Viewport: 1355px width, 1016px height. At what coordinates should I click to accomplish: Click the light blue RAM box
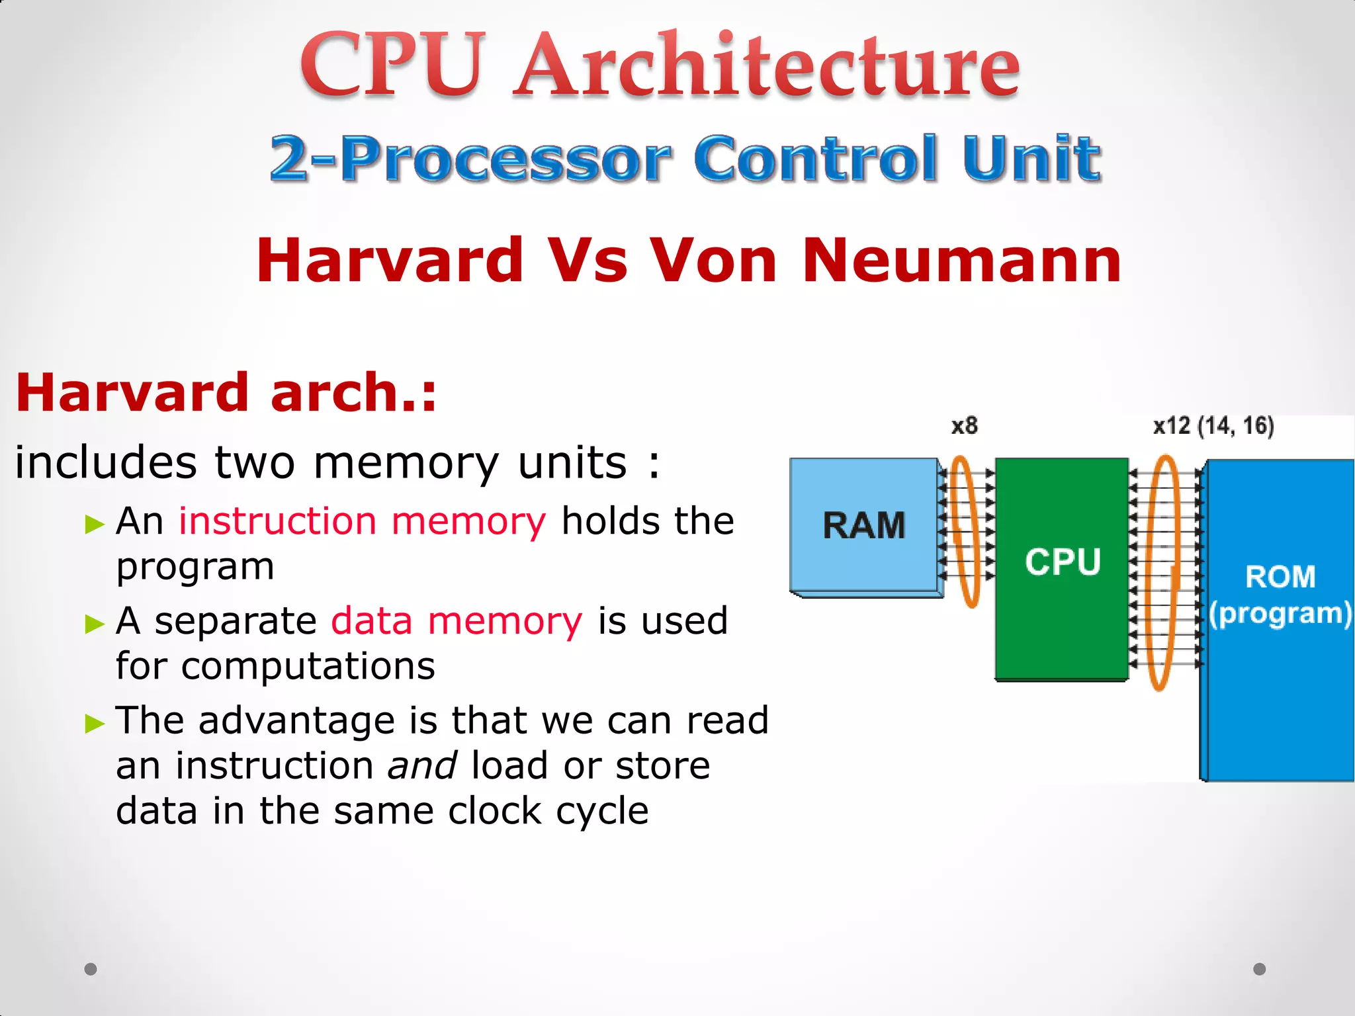[x=864, y=525]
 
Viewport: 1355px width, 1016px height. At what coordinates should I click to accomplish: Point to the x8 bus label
[x=964, y=425]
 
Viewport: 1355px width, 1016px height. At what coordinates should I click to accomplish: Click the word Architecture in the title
[x=767, y=66]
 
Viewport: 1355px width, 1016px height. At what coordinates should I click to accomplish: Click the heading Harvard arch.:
[x=226, y=392]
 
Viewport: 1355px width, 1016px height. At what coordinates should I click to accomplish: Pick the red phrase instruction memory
[x=363, y=521]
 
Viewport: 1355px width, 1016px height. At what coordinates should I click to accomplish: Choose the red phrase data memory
[x=457, y=620]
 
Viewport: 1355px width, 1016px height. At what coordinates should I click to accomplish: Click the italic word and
[x=422, y=765]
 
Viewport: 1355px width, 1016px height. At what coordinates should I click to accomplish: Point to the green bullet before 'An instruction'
[x=95, y=525]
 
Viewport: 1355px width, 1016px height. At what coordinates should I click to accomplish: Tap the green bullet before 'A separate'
[x=95, y=624]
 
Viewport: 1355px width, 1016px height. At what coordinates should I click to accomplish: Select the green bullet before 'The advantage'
[x=95, y=724]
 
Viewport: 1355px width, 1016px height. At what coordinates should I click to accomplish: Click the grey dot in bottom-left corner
[x=91, y=969]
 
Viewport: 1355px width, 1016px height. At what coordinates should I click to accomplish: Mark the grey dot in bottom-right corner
[x=1260, y=969]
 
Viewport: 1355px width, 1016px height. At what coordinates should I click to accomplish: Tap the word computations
[x=308, y=665]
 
